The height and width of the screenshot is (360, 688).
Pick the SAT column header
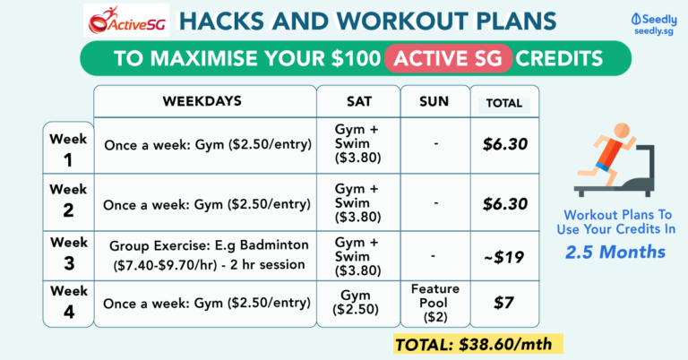tap(356, 101)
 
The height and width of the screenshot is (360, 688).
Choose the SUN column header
tap(434, 101)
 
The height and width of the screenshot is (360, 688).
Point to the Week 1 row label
tap(68, 150)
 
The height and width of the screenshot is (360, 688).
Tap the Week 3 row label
tap(68, 253)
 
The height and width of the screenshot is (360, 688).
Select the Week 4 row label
tap(68, 305)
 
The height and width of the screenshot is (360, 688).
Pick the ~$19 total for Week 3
tap(504, 254)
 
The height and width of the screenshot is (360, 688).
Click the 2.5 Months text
tap(614, 252)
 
